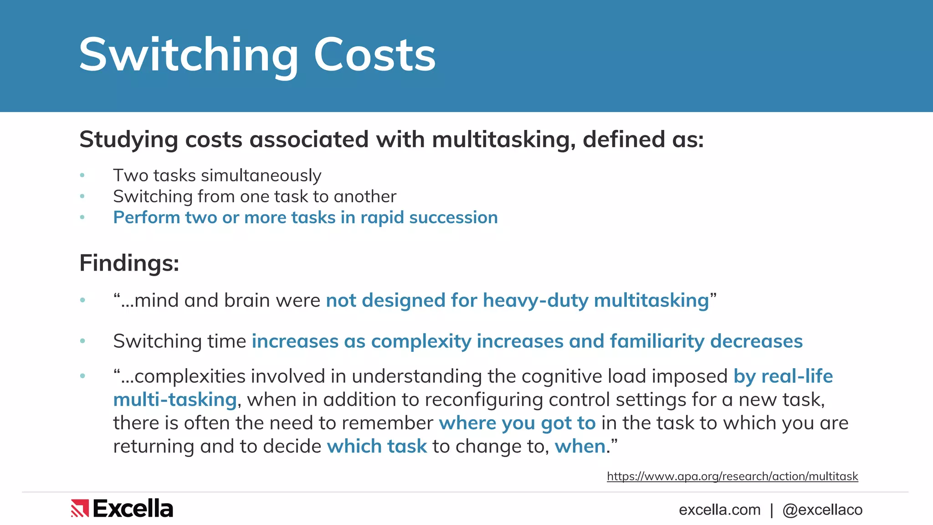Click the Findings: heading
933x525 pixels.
129,263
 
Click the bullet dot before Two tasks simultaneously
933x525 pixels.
82,175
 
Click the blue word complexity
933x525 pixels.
421,341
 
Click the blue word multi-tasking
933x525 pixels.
175,400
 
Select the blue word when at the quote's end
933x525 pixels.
579,446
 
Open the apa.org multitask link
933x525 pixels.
732,476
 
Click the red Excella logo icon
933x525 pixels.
80,509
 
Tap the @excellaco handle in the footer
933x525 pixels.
822,510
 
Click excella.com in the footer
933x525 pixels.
719,510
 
